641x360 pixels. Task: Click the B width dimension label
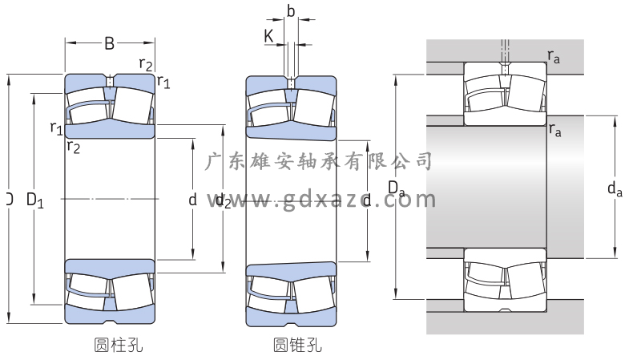coord(109,43)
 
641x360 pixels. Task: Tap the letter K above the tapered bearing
coord(268,35)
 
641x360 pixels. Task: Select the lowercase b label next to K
coord(291,12)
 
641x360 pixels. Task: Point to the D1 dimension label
coord(34,200)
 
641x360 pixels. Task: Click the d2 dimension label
coord(223,200)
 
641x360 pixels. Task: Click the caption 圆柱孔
coord(119,346)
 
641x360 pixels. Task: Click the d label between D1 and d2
coord(192,200)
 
